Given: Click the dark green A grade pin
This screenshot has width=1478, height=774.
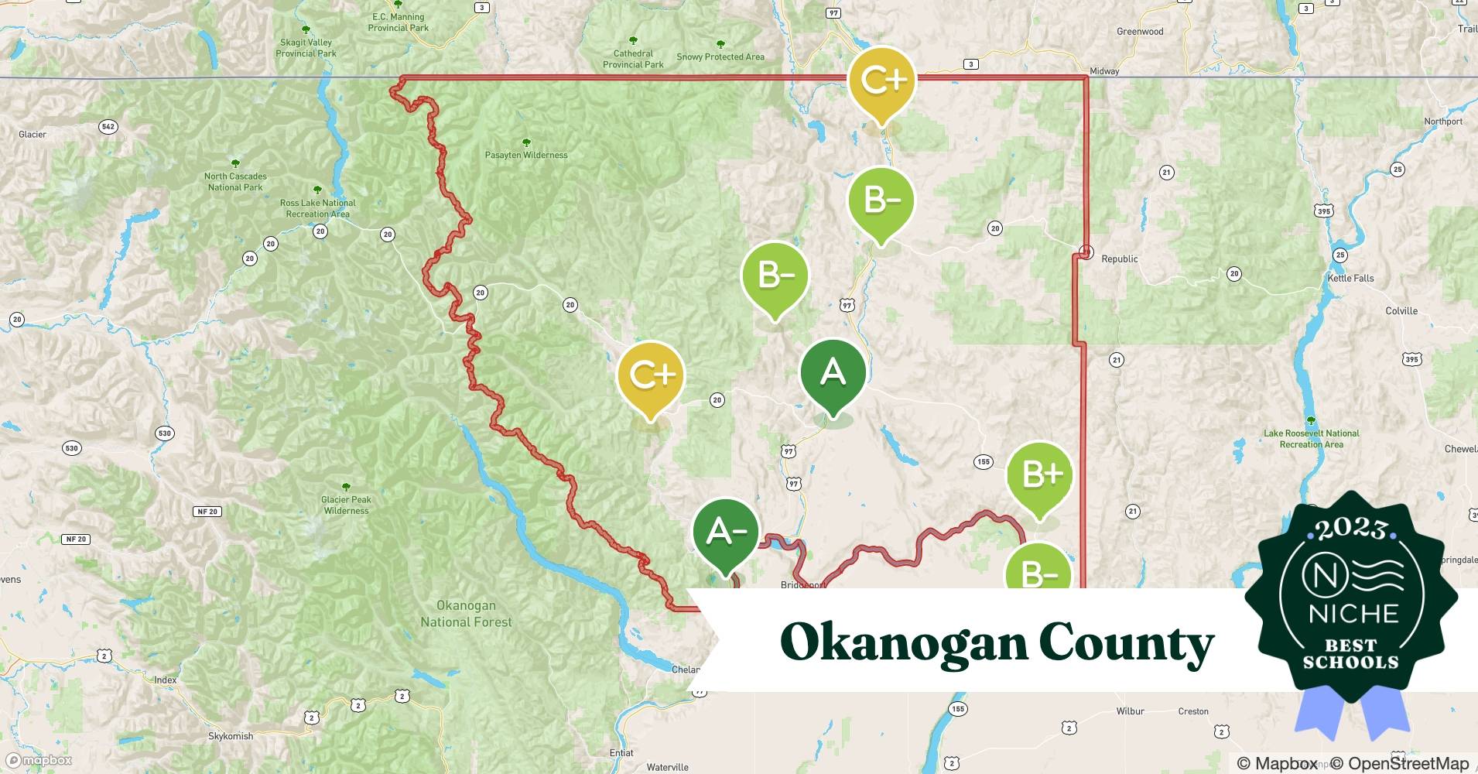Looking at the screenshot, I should click(x=833, y=374).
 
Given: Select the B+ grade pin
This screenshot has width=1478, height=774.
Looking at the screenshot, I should click(x=1039, y=475).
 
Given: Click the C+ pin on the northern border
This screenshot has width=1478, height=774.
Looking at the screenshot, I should click(x=881, y=80).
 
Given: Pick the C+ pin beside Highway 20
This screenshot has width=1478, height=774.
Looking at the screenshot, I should click(x=651, y=376).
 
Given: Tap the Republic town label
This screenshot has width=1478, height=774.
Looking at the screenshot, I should click(x=1119, y=259).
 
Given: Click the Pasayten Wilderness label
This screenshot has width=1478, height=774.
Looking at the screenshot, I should click(x=526, y=155).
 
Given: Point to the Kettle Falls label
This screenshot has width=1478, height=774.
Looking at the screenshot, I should click(x=1350, y=278).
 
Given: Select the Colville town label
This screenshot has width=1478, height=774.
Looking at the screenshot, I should click(x=1401, y=311).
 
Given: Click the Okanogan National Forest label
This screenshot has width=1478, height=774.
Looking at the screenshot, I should click(x=466, y=614).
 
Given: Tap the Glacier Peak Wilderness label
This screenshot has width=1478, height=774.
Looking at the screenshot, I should click(x=346, y=505).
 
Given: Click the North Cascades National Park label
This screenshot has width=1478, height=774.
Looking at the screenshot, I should click(x=235, y=181).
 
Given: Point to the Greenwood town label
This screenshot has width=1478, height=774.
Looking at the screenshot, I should click(x=1139, y=32).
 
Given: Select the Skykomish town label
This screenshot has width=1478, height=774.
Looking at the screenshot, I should click(x=231, y=736).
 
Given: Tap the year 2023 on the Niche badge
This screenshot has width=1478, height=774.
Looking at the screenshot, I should click(x=1350, y=528).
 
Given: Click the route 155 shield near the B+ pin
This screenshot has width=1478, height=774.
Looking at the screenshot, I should click(x=983, y=462).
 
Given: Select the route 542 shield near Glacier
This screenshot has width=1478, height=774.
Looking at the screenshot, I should click(x=108, y=127).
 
